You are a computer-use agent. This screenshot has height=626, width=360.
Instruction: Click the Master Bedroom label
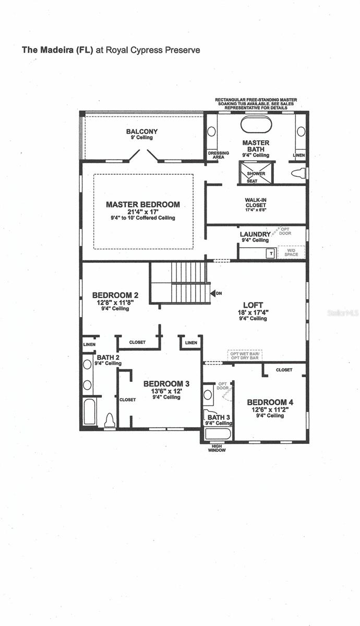[x=142, y=204]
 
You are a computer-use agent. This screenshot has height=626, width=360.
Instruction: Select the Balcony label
[x=142, y=131]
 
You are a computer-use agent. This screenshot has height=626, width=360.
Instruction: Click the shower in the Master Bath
[x=253, y=173]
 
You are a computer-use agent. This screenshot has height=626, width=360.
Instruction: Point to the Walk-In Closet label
[x=256, y=202]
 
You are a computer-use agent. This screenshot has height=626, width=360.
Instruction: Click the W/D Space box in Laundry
[x=291, y=252]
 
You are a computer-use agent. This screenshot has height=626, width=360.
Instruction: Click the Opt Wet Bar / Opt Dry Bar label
[x=244, y=355]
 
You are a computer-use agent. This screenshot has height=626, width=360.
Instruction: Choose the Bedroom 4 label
[x=267, y=402]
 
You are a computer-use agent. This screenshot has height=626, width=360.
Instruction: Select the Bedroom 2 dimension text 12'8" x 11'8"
[x=115, y=302]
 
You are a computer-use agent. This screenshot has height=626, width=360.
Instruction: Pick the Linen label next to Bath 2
[x=88, y=345]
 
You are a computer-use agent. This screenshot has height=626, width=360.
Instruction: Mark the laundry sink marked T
[x=270, y=252]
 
